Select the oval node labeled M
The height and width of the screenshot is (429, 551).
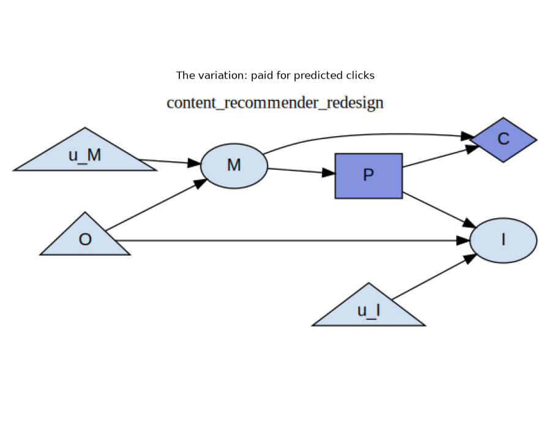pos(234,166)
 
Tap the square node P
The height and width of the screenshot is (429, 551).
pos(369,176)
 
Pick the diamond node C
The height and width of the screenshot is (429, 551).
pos(503,140)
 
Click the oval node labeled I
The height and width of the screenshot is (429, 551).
pos(503,240)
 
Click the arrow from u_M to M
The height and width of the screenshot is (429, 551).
pos(170,162)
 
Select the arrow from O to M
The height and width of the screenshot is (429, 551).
pos(156,205)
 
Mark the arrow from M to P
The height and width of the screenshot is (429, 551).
pos(301,171)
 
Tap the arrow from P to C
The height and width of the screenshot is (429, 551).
pos(441,156)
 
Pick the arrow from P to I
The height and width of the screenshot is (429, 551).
pos(439,210)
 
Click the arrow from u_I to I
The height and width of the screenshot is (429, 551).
pos(434,277)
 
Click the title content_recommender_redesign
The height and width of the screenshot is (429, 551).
pos(275,103)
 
